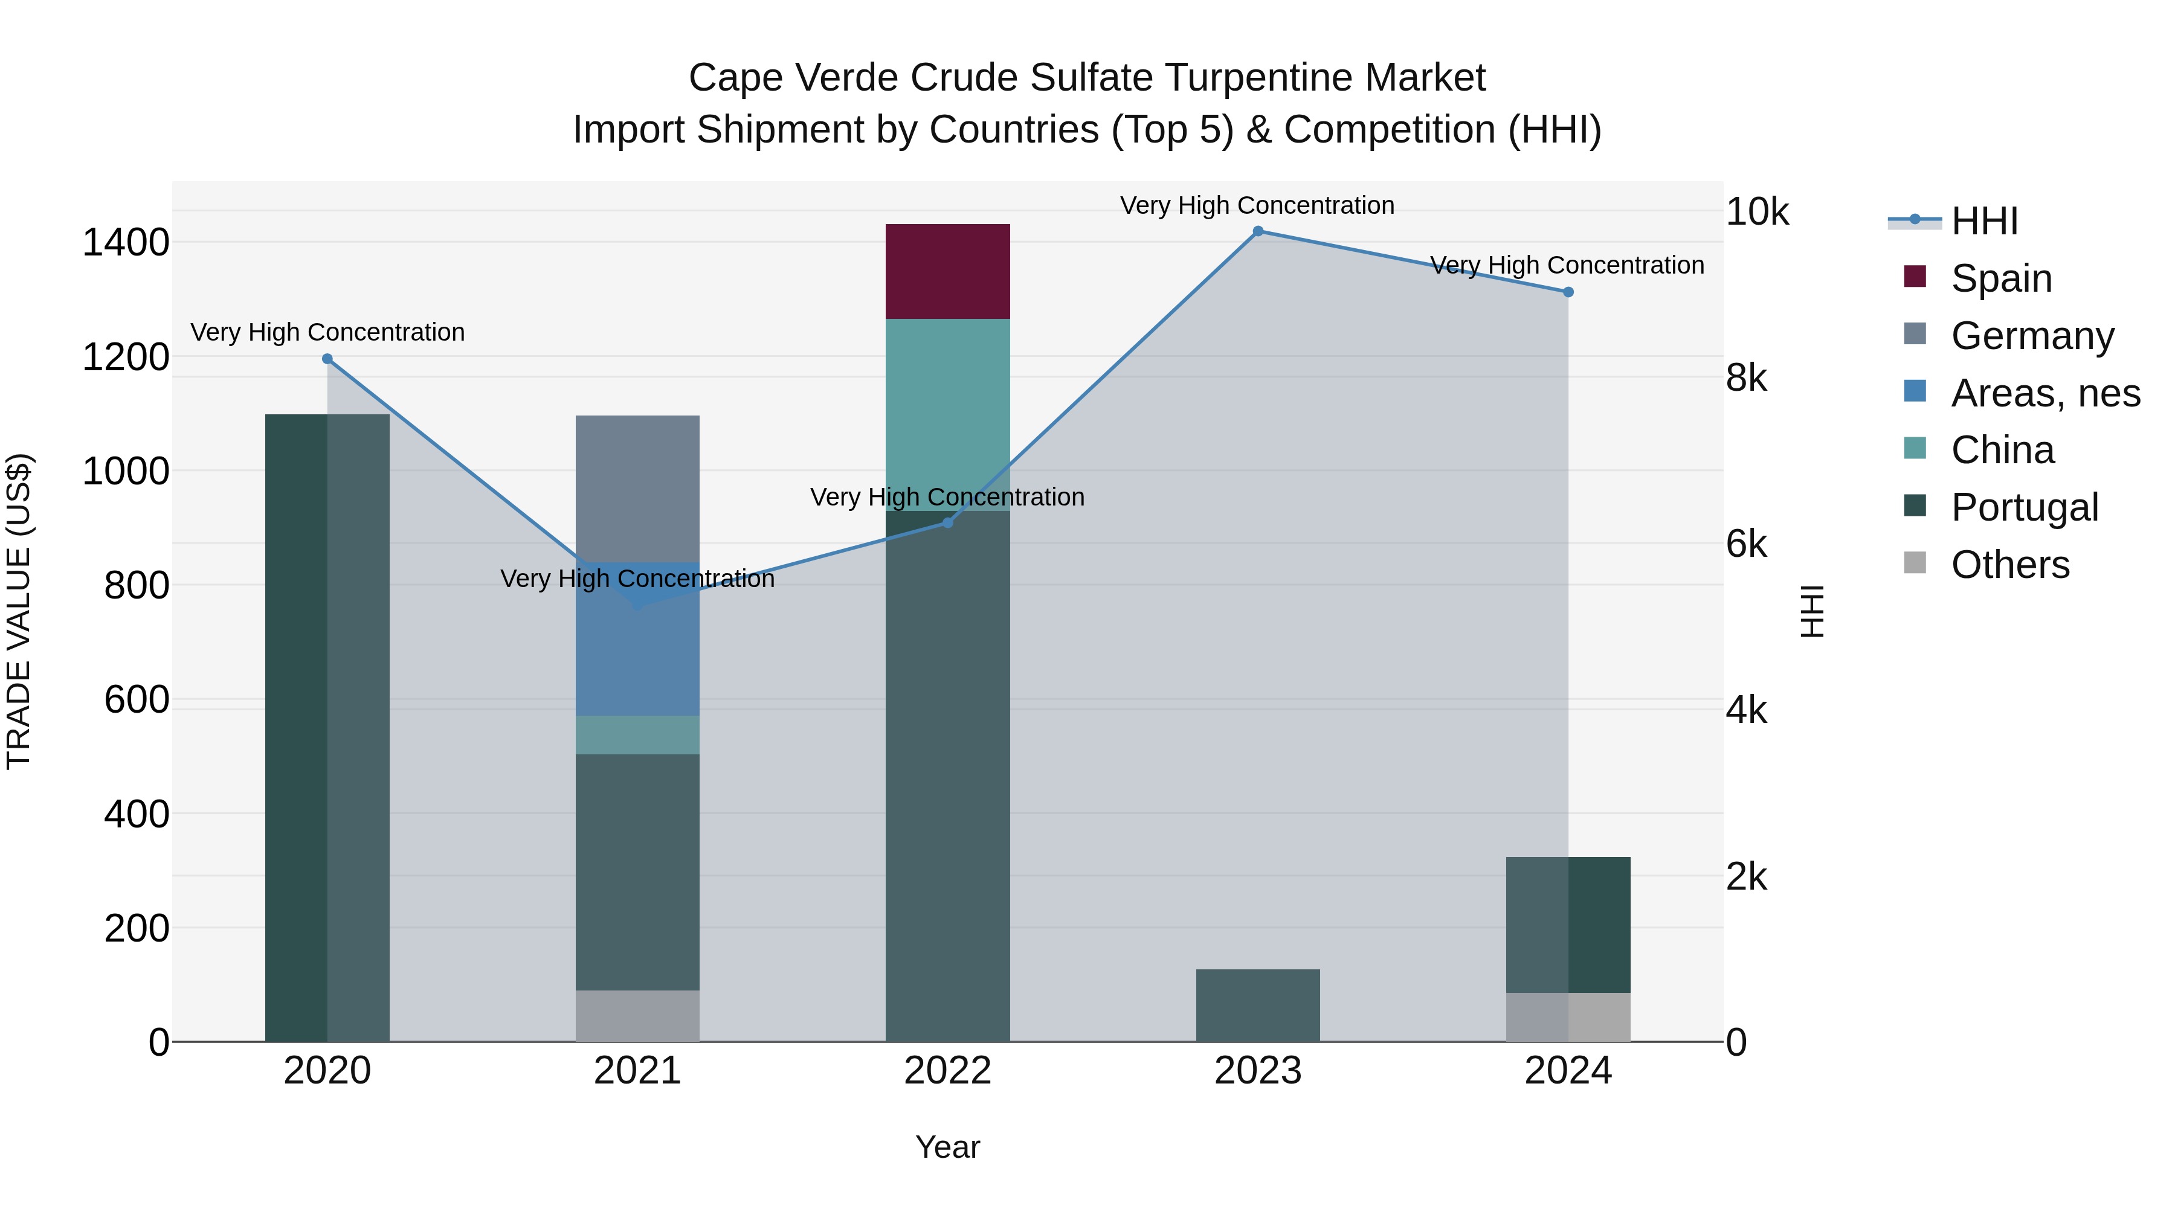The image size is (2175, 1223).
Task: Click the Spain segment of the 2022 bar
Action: coord(947,271)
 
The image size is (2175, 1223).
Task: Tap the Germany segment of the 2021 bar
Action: coord(637,488)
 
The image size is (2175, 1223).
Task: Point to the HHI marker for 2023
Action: coord(1257,231)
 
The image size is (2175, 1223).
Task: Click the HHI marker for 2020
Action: coord(327,359)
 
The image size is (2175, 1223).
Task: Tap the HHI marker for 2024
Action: coord(1568,292)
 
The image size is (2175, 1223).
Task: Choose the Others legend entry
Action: coord(2009,564)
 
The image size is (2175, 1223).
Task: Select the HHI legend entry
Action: coord(1984,221)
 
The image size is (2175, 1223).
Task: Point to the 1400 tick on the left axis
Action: coord(126,243)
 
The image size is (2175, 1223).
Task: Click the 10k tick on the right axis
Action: coord(1756,212)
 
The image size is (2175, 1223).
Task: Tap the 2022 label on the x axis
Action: coord(947,1071)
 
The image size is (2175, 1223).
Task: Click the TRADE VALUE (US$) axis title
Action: coord(19,611)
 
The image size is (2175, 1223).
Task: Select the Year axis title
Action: coord(947,1147)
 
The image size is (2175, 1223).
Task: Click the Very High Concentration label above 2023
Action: coord(1257,205)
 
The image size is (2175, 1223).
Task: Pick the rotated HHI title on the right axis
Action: coord(1812,611)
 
